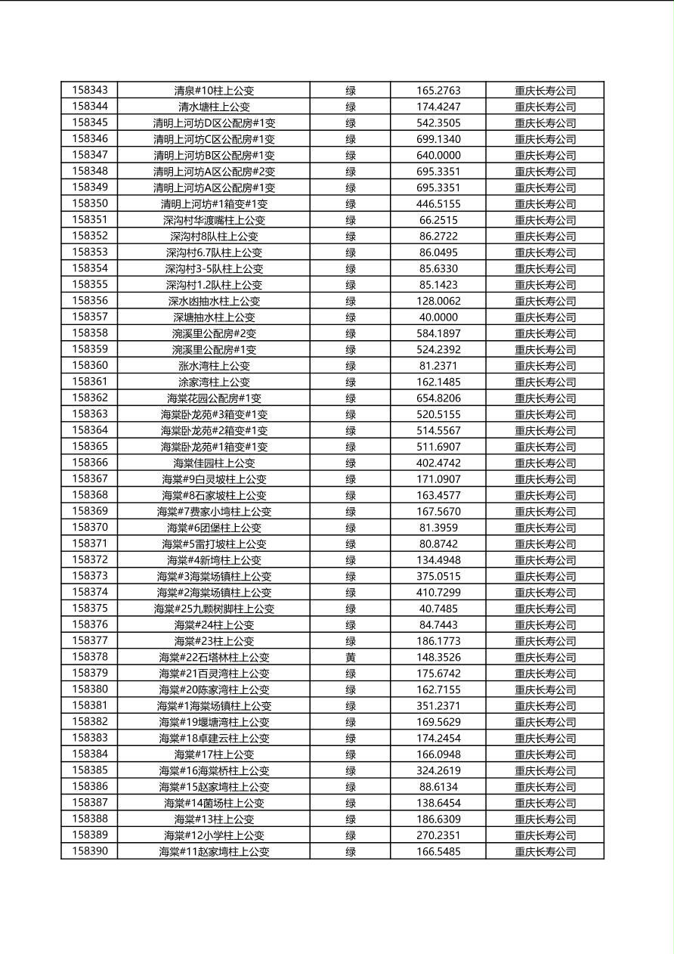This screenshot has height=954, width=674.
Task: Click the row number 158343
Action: click(x=90, y=90)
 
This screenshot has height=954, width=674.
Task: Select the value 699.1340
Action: click(x=438, y=139)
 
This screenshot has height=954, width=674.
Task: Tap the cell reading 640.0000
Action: click(x=438, y=155)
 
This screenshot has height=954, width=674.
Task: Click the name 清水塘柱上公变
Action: click(x=214, y=107)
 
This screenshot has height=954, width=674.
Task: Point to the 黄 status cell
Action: click(x=351, y=658)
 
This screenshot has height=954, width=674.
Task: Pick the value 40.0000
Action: click(x=438, y=317)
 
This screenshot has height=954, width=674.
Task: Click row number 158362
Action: click(x=90, y=398)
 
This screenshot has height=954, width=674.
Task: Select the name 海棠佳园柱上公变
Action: click(x=214, y=463)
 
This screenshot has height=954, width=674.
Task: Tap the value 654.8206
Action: click(x=438, y=398)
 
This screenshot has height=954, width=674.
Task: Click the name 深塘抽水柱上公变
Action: click(x=214, y=317)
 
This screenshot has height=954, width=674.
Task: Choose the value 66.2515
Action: click(x=438, y=220)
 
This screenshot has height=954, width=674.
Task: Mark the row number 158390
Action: click(x=90, y=851)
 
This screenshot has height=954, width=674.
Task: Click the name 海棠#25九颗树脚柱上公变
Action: click(x=214, y=609)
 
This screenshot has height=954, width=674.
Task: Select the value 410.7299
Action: click(x=438, y=593)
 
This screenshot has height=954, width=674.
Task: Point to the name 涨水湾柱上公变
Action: click(x=214, y=366)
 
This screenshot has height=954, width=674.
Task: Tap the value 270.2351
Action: click(x=438, y=835)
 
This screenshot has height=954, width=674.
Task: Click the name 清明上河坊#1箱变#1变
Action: click(x=214, y=204)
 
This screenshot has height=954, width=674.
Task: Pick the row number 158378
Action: click(x=90, y=657)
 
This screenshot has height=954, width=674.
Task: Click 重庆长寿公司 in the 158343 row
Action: click(x=545, y=91)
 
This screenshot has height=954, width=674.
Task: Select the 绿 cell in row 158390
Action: click(x=351, y=852)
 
